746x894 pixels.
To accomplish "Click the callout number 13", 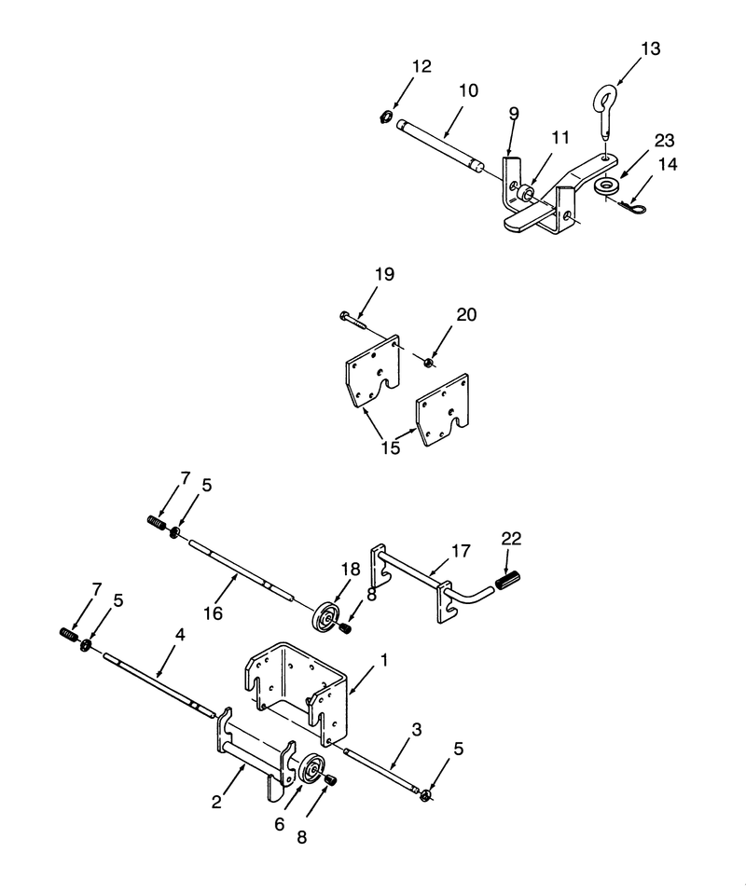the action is [651, 49].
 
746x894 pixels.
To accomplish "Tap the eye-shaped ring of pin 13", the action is [606, 98].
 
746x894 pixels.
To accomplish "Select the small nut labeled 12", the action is [385, 117].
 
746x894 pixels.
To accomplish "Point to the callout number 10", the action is [468, 90].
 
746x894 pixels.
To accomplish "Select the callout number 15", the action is [391, 448].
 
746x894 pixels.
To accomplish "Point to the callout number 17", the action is [461, 551].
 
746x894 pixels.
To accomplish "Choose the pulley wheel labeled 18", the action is [326, 616].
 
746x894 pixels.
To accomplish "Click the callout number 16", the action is [213, 613].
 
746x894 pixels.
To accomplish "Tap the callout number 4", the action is [180, 635].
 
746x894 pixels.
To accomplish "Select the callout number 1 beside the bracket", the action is [384, 660].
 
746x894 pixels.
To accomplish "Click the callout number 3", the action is [417, 730].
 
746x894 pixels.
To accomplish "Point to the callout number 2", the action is [216, 803].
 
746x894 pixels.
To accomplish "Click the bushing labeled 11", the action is [523, 192].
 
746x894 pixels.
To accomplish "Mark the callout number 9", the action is [514, 114].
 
